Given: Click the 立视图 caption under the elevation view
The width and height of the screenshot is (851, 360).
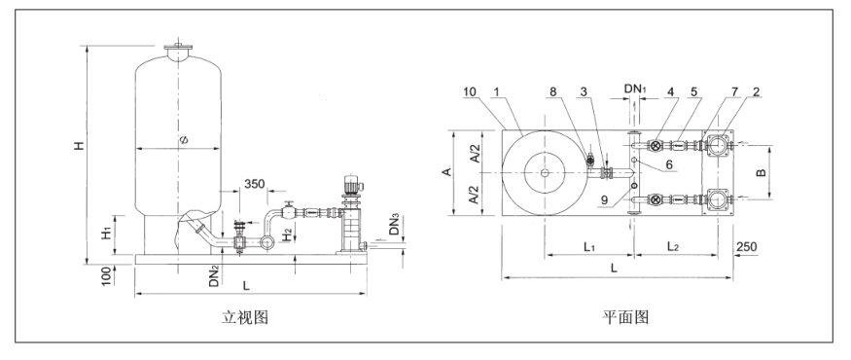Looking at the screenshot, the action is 245,317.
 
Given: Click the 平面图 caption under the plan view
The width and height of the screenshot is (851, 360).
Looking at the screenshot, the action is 625,317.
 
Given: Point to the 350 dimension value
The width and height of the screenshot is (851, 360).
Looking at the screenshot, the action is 254,184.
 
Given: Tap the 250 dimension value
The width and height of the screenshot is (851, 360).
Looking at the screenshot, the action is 746,247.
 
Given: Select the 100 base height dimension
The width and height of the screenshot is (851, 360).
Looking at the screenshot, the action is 107,275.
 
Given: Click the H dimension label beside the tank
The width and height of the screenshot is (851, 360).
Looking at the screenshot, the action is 80,146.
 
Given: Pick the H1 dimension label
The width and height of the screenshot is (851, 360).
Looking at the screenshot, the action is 107,233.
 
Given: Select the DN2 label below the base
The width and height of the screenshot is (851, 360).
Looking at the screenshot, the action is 215,275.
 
